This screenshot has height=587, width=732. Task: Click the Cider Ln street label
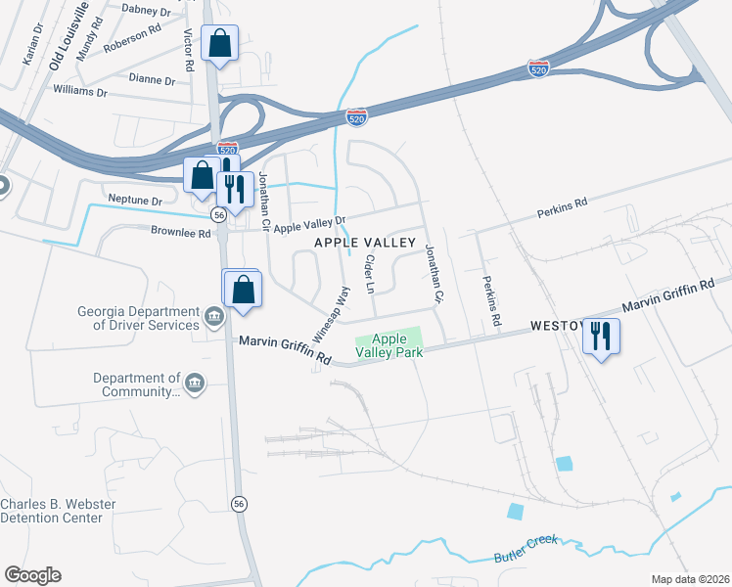click(370, 274)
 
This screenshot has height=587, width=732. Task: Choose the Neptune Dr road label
click(135, 200)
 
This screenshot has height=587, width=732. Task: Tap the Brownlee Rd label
click(181, 234)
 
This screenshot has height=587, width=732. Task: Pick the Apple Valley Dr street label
click(310, 227)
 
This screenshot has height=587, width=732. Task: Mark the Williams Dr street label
click(80, 91)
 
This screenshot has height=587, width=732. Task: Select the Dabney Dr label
click(145, 9)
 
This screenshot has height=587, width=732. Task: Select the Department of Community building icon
click(194, 382)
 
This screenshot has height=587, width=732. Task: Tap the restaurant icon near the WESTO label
click(599, 337)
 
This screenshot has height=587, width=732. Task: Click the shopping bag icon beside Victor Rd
click(219, 43)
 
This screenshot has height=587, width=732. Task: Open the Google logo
click(32, 575)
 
